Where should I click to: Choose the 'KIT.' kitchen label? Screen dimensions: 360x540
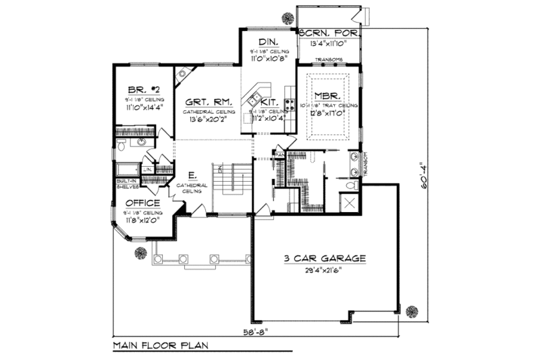pos(269,105)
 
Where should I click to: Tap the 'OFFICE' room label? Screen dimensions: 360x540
pos(141,203)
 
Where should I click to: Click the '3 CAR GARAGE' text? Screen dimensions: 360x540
pos(326,258)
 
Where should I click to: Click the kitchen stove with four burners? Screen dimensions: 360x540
pos(290,105)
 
